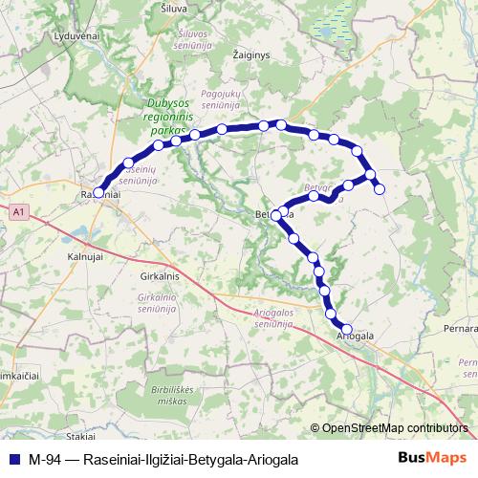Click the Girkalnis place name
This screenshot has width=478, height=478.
[160, 275]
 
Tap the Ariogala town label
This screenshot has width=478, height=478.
[355, 337]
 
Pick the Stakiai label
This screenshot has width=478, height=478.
[80, 435]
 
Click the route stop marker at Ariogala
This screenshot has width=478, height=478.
[347, 329]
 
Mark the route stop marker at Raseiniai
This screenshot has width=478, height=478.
[98, 192]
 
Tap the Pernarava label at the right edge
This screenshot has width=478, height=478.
[459, 328]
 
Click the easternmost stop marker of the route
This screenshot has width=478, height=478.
[380, 189]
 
